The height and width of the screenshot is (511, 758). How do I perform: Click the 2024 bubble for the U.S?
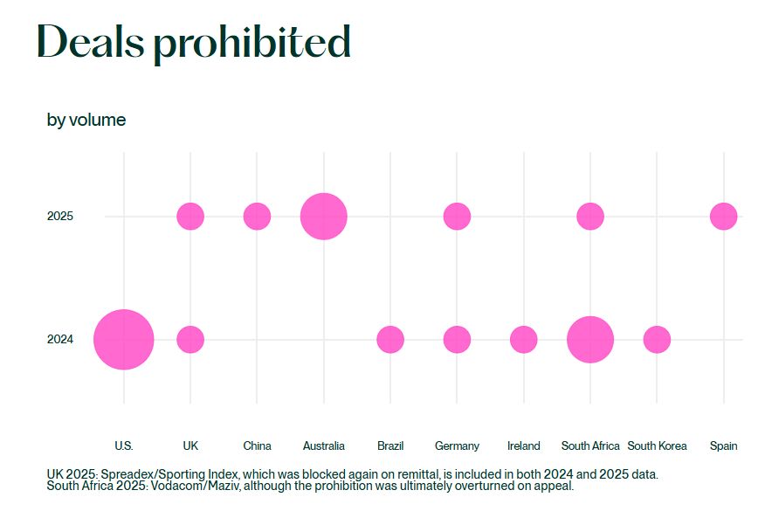pos(124,339)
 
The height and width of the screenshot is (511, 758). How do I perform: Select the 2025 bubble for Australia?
pos(324,216)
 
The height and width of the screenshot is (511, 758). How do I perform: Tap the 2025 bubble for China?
pos(257,216)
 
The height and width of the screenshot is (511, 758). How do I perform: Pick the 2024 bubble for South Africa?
pos(590,339)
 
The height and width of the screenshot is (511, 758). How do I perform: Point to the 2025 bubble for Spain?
pos(723,216)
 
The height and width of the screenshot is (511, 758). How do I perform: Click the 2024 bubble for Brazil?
pos(390,339)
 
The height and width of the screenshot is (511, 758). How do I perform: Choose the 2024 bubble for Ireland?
pos(523,339)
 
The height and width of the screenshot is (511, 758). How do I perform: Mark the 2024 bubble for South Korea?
pos(657,339)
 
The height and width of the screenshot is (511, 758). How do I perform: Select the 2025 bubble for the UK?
pos(190,216)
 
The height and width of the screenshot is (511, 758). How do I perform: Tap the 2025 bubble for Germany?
pos(457,216)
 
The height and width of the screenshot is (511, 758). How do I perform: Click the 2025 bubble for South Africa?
pos(590,216)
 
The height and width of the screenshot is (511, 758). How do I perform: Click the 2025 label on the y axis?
pos(60,216)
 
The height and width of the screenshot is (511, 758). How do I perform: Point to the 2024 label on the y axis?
pos(60,340)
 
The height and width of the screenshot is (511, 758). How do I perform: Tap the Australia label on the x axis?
pos(324,445)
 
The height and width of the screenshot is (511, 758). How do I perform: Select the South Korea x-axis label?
pos(657,445)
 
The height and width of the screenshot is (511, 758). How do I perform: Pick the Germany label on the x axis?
pos(457,445)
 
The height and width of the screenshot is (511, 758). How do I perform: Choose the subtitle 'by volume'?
pos(86,120)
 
